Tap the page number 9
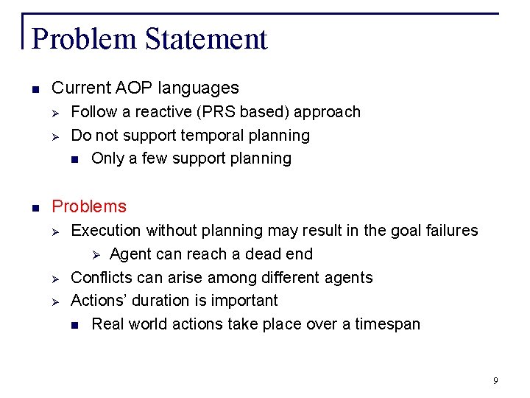495,380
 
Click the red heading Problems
89,206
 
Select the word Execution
105,231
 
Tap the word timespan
385,324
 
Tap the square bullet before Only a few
74,159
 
